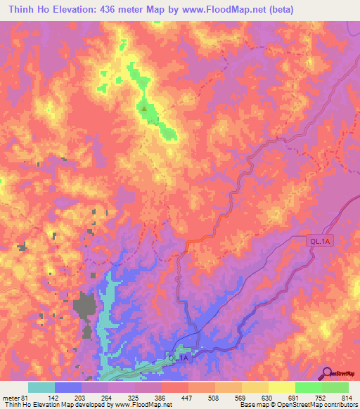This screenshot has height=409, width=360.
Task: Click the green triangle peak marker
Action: pos(144,109)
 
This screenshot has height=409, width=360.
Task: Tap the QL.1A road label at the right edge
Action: pos(320,241)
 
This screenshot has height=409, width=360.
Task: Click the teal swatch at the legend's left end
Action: pos(41,388)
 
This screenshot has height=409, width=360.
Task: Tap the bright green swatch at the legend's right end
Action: pos(335,388)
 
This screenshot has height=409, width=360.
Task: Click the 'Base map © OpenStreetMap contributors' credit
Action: pos(298,404)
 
